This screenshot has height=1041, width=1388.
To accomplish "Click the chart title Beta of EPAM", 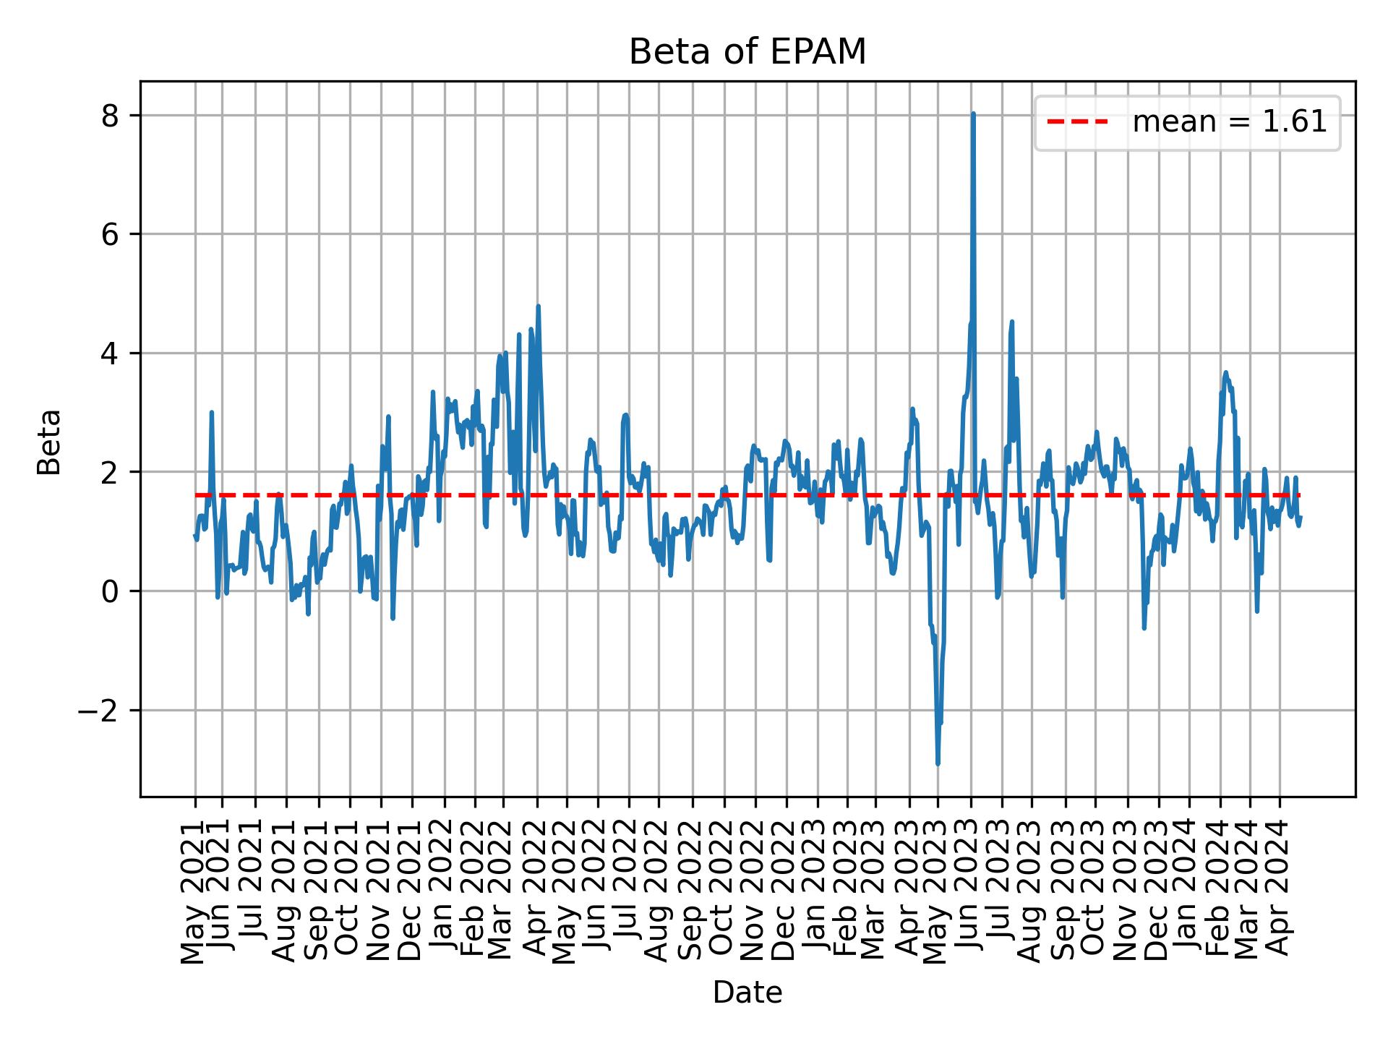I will (747, 52).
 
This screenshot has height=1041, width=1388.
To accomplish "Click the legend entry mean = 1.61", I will (1229, 122).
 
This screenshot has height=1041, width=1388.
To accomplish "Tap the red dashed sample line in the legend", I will (1077, 122).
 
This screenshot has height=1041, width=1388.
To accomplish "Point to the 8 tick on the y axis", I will (109, 116).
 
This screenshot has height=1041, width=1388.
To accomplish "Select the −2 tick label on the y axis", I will (98, 711).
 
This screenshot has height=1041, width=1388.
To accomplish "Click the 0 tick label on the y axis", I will (109, 591).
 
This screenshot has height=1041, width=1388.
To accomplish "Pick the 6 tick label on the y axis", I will (109, 235).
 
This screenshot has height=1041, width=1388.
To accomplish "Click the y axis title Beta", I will (49, 442).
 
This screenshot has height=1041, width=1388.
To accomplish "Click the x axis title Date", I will (747, 993).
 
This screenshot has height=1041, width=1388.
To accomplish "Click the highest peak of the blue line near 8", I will (973, 114).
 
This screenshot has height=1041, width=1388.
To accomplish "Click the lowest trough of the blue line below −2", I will (938, 763).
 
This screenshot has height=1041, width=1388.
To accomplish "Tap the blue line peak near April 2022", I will (538, 307).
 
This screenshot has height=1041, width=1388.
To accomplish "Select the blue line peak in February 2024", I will (1225, 372).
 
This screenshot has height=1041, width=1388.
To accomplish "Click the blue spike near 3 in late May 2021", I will (211, 412).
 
